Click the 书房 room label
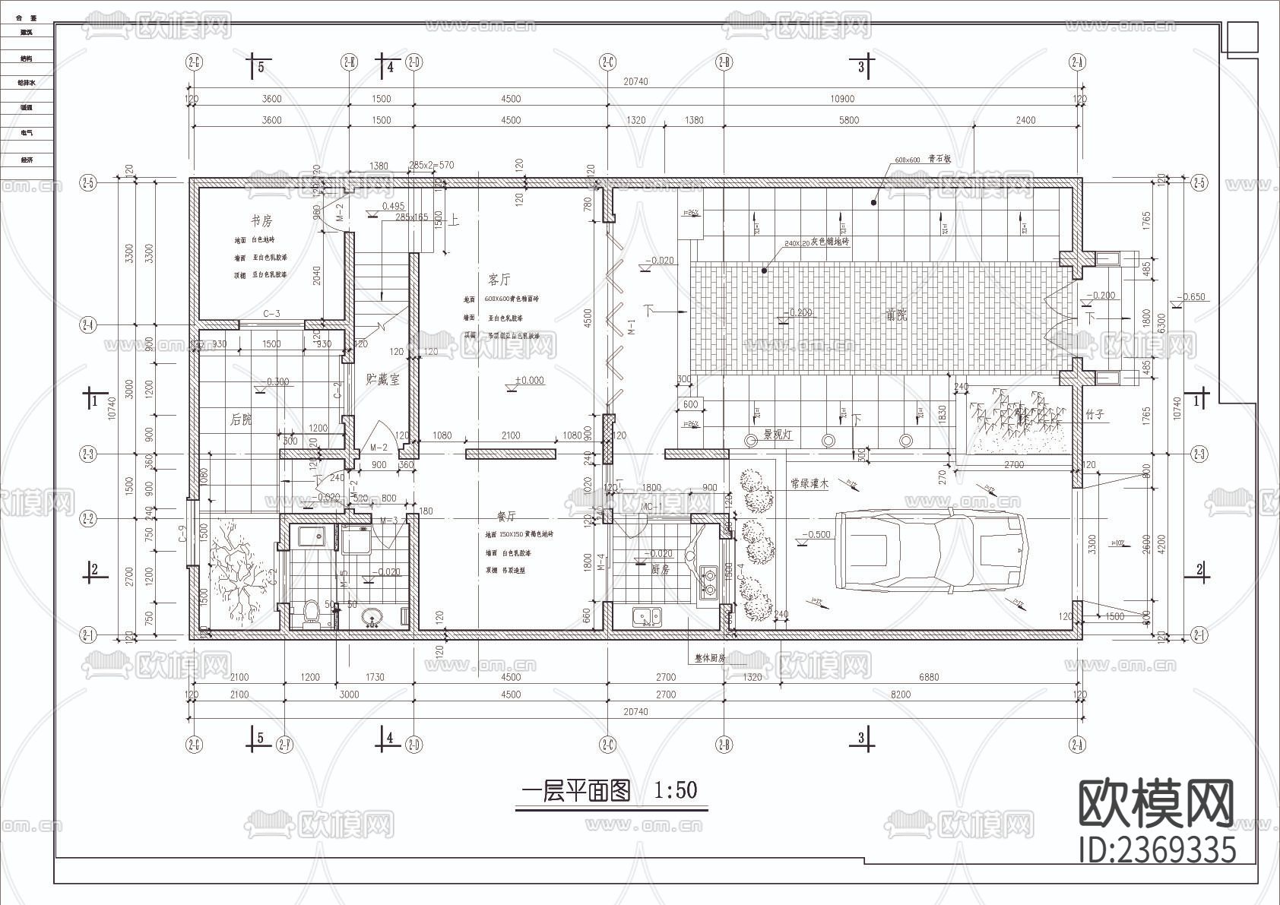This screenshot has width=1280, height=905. [261, 221]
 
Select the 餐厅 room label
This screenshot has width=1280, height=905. [506, 516]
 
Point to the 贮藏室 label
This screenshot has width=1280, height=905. [382, 378]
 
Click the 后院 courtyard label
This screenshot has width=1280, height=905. [241, 419]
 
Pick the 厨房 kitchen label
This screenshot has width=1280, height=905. [661, 568]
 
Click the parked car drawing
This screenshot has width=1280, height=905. [930, 549]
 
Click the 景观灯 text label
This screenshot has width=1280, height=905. [778, 436]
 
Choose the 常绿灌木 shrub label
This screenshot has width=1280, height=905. [808, 483]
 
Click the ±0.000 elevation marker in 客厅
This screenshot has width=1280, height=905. [529, 380]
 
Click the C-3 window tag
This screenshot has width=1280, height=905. [271, 313]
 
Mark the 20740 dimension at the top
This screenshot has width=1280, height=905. [635, 81]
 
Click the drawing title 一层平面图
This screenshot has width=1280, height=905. [576, 792]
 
